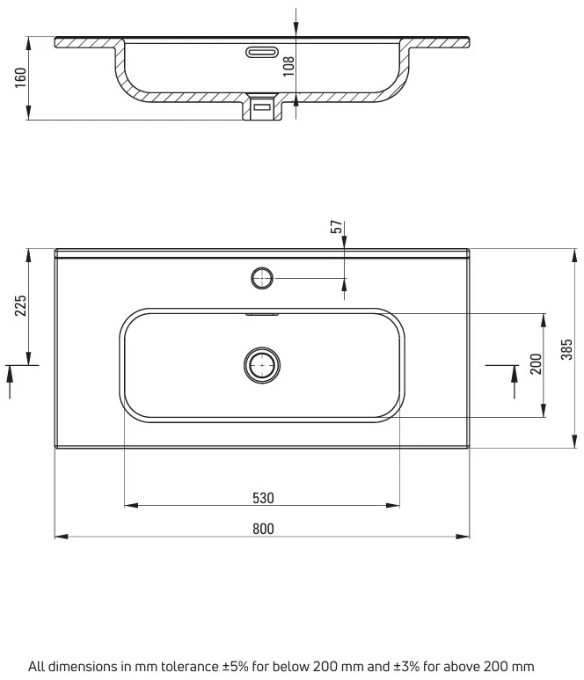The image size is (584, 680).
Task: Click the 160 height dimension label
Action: (21, 77)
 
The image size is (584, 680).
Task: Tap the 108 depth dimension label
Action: (288, 66)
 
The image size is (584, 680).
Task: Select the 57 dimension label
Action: (337, 227)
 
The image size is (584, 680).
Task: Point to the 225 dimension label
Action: (21, 305)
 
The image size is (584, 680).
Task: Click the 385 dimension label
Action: (566, 349)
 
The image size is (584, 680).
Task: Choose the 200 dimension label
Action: (536, 364)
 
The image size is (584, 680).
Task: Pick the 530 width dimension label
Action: (263, 498)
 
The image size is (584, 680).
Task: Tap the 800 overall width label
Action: (263, 529)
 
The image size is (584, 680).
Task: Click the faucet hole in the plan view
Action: (262, 278)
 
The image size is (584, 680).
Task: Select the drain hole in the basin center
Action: (262, 365)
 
